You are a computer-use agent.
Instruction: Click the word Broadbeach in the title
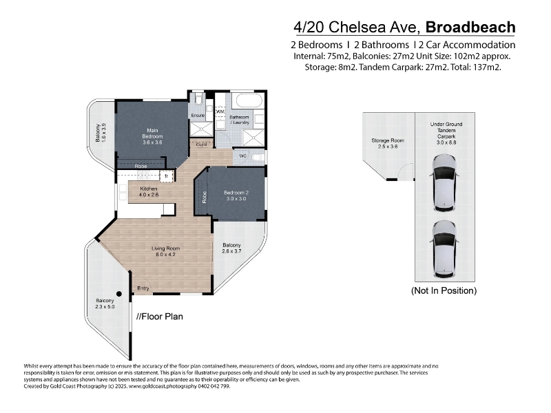coord(470,27)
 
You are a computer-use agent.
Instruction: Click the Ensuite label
coord(198,115)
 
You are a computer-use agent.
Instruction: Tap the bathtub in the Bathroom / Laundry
coord(249,100)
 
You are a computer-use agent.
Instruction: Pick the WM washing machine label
coord(220,112)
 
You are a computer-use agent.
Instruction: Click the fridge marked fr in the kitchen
coord(167,176)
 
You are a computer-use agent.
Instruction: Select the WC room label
coord(243,156)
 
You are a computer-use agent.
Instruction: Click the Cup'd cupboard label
coord(201,145)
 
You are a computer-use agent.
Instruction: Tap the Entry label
coord(143,288)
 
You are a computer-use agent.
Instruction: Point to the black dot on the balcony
coord(119,294)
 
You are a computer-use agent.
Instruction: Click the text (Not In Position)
coord(444,290)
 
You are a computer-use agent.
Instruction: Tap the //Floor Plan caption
coord(160,317)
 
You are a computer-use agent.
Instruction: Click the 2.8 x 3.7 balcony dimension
coord(231,251)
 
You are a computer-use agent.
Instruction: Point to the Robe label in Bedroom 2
coord(205,197)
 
